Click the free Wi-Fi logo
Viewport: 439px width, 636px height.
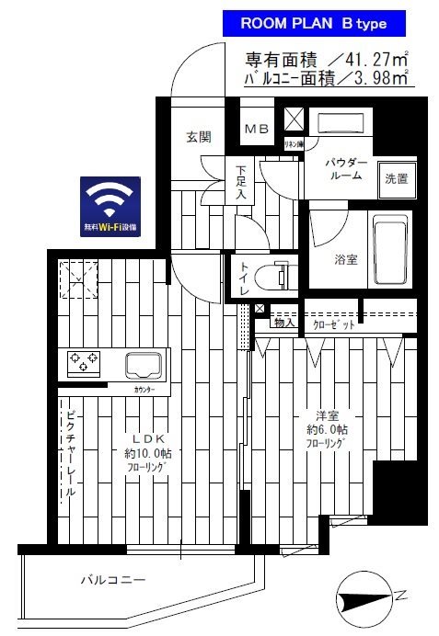click(x=110, y=206)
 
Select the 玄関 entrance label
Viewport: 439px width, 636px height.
click(x=198, y=138)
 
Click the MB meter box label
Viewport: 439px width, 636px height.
click(x=256, y=131)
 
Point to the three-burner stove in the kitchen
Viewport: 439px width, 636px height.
click(x=85, y=363)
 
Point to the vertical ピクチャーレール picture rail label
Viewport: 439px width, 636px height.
click(x=70, y=452)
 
